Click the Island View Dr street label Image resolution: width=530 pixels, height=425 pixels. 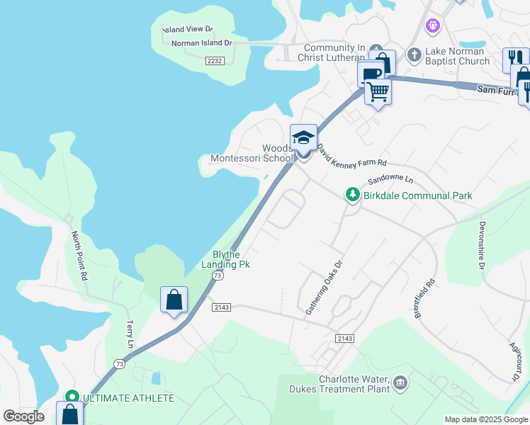188,30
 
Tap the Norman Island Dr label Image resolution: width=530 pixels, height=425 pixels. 202,43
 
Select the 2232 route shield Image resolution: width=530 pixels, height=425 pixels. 215,62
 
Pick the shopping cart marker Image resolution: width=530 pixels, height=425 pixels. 378,91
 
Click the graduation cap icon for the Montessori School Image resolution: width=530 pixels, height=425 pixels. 303,137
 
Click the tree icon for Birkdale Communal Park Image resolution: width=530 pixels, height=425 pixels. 351,195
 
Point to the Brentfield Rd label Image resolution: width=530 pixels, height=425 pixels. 424,297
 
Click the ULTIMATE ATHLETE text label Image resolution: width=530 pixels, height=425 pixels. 128,398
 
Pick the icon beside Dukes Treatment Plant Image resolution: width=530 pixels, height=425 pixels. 400,383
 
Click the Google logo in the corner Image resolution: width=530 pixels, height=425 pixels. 24,416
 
